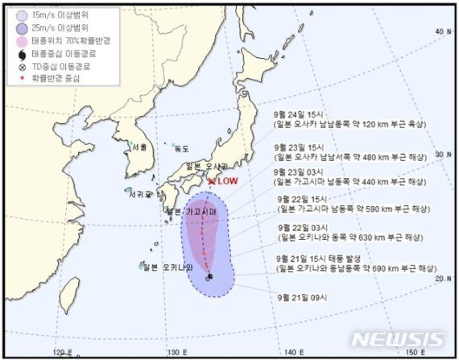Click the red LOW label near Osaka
[229, 181]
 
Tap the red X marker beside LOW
[211, 180]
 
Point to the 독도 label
[181, 149]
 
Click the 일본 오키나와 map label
[164, 266]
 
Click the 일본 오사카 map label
[205, 166]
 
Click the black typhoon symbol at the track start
[209, 278]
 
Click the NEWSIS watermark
[397, 339]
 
